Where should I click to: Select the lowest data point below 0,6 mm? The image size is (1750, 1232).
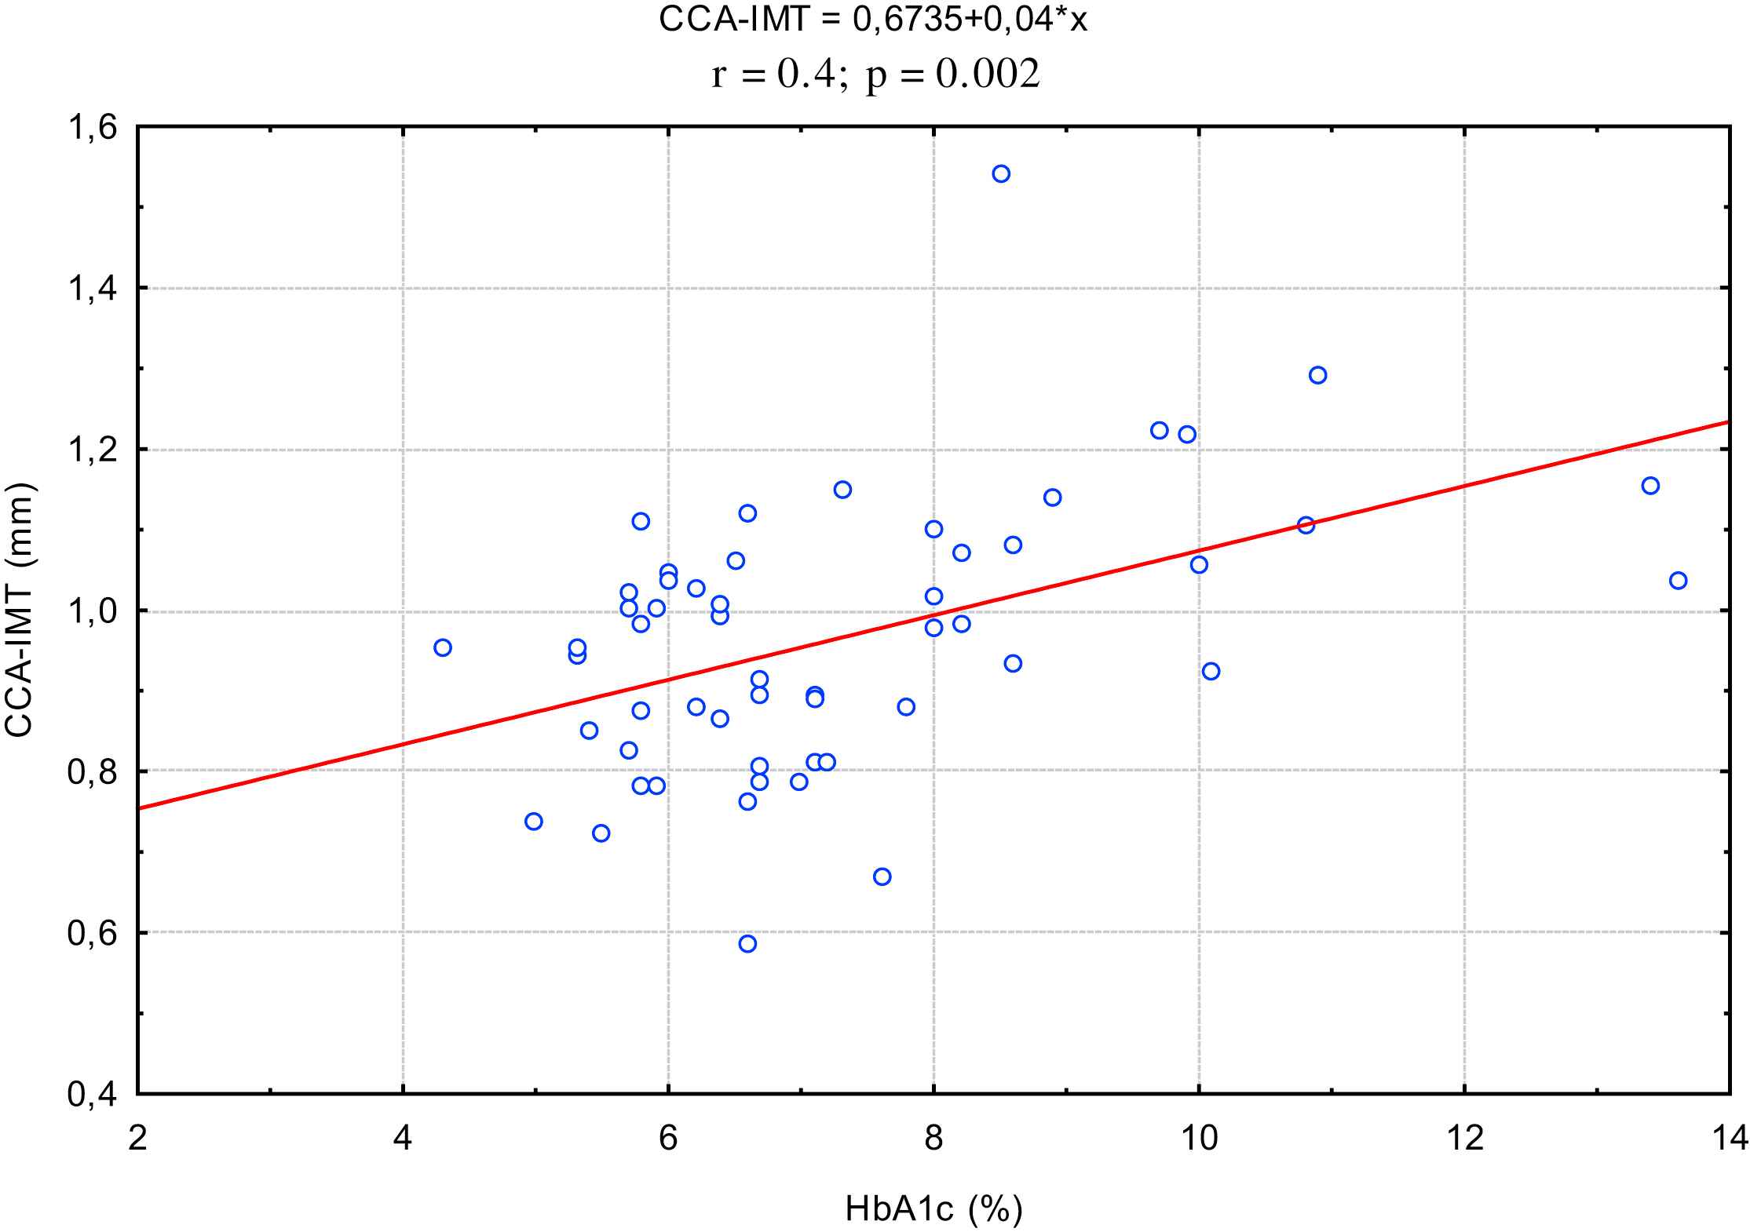click(747, 943)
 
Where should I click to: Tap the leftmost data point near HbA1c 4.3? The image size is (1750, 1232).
click(443, 647)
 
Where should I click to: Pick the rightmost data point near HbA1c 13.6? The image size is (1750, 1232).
click(1678, 581)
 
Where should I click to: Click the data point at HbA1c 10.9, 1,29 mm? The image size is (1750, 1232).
click(1317, 375)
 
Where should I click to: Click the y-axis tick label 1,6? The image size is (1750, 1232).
click(91, 127)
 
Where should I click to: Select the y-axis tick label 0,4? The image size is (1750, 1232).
click(91, 1094)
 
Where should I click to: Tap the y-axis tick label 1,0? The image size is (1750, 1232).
click(91, 611)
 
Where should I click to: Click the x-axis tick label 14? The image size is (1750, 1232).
click(1729, 1137)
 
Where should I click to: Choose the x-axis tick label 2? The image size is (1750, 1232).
click(138, 1137)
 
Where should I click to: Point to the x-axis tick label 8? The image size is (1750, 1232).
click(933, 1137)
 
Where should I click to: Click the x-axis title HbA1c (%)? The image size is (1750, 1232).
click(933, 1209)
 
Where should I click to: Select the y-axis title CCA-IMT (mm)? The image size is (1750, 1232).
click(19, 611)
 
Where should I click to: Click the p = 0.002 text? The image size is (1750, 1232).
click(953, 75)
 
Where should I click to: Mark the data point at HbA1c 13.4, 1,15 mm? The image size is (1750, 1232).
click(1650, 486)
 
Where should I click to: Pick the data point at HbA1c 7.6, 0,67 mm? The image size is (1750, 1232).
click(882, 877)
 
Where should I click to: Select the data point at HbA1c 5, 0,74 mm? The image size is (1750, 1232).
click(534, 822)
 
